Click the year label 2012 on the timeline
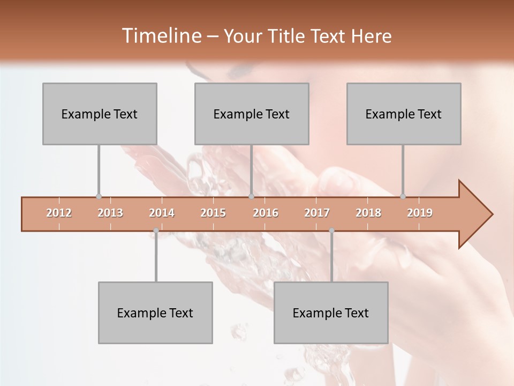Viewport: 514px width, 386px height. (x=59, y=213)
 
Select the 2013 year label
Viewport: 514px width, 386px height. (x=110, y=213)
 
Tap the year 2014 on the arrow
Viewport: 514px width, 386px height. (x=162, y=213)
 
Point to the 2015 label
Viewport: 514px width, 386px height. (x=213, y=213)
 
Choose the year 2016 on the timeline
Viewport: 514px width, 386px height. (x=266, y=213)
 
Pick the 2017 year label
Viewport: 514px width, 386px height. (x=317, y=213)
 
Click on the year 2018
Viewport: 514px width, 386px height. (x=368, y=213)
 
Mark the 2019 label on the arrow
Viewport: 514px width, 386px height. (x=420, y=213)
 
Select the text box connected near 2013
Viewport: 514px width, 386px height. (x=100, y=114)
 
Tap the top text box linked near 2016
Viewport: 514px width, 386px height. (x=252, y=114)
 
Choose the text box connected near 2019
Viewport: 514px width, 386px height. (x=404, y=114)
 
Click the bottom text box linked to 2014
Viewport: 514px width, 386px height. (x=155, y=313)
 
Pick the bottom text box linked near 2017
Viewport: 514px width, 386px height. (x=331, y=313)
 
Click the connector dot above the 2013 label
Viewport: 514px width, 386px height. (x=99, y=197)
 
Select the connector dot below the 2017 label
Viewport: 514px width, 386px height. (x=331, y=231)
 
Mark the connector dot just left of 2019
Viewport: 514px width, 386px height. (x=403, y=197)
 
